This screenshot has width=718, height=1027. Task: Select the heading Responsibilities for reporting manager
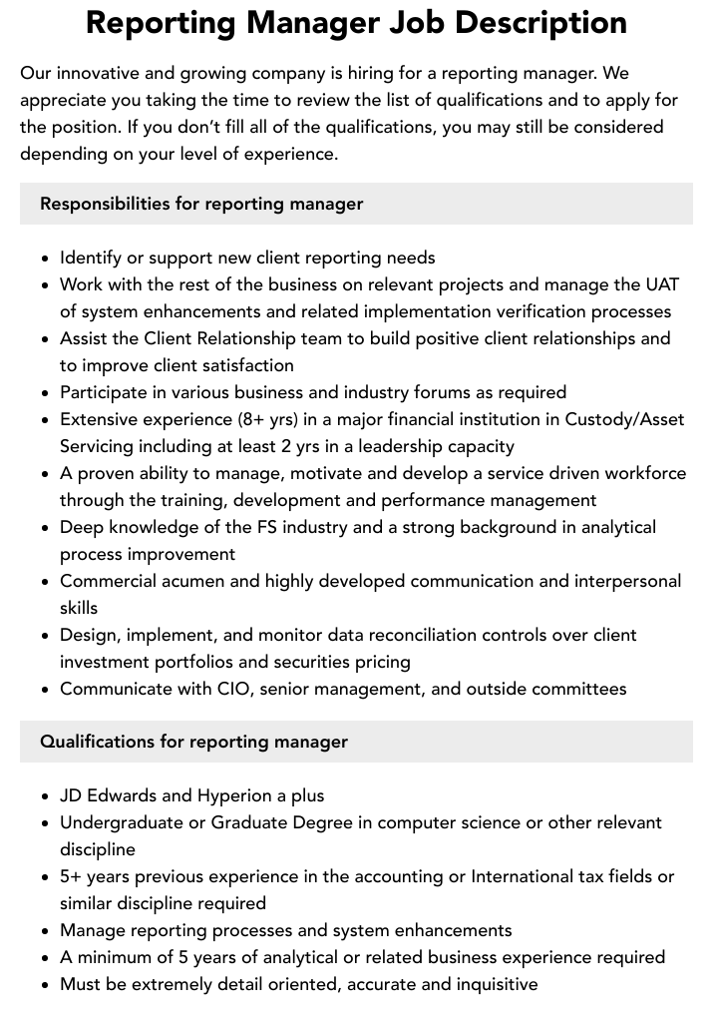(201, 204)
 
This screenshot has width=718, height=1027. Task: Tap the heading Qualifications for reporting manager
(193, 742)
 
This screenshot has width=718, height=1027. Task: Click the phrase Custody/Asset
(624, 419)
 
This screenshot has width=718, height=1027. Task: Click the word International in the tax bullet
(525, 876)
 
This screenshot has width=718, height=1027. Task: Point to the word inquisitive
(489, 984)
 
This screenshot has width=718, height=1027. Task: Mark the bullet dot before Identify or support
(46, 258)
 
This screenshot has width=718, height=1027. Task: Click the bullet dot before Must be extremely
(46, 985)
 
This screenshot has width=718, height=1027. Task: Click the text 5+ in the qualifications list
(70, 876)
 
